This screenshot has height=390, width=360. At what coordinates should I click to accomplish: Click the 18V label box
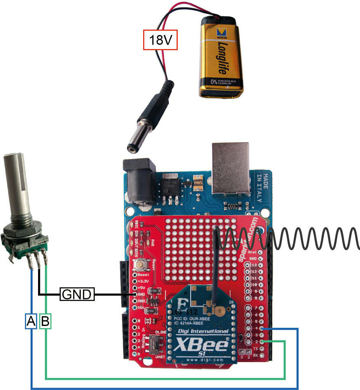pyautogui.click(x=160, y=40)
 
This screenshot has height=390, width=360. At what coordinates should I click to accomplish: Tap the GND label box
pyautogui.click(x=77, y=294)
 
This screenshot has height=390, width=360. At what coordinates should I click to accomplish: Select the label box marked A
pyautogui.click(x=30, y=322)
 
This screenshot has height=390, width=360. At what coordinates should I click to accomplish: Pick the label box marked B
pyautogui.click(x=45, y=322)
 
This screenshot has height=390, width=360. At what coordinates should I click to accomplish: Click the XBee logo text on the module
pyautogui.click(x=200, y=345)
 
